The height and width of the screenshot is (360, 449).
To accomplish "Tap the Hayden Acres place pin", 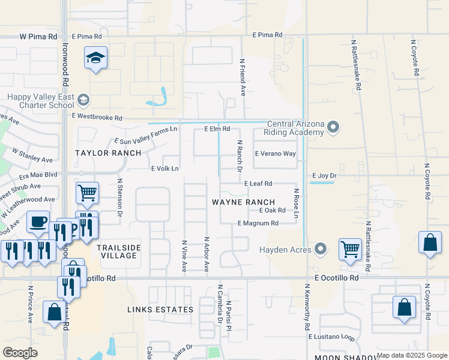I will pos(321,249).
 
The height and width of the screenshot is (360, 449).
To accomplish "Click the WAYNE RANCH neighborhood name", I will pos(243,202).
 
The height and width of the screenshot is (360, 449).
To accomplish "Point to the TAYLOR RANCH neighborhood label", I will pos(108,153).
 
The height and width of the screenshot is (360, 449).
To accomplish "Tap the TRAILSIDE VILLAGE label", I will pos(119,251).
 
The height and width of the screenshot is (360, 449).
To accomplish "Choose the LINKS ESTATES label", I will pos(160,310).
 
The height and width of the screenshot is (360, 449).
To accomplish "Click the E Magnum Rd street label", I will pos(258,223).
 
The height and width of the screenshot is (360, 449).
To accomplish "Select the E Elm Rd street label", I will pos(217,128).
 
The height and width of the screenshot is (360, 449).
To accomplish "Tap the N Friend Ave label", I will pos(243,77).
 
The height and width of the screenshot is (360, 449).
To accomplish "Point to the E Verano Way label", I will pos(276,154).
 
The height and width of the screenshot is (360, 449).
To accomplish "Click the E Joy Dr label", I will pos(325,176).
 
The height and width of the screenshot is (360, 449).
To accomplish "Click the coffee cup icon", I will pos(38,222).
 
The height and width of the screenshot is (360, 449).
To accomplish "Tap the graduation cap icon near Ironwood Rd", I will pos(95,58).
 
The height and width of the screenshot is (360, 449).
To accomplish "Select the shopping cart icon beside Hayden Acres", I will pos(350,248).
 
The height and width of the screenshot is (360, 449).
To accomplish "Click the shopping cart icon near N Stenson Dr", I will pos(87,193).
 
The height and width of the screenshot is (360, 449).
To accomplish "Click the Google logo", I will pos(20,353).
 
